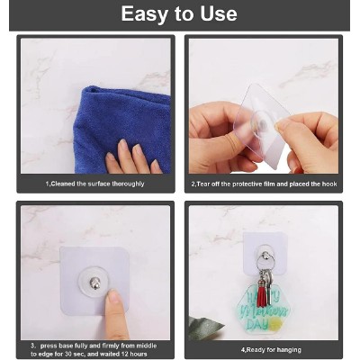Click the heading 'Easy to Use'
click(179, 14)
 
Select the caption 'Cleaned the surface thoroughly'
click(95, 184)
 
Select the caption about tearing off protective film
click(264, 184)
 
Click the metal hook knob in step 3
click(95, 283)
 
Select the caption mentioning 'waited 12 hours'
click(95, 348)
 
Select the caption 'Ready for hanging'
click(264, 348)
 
